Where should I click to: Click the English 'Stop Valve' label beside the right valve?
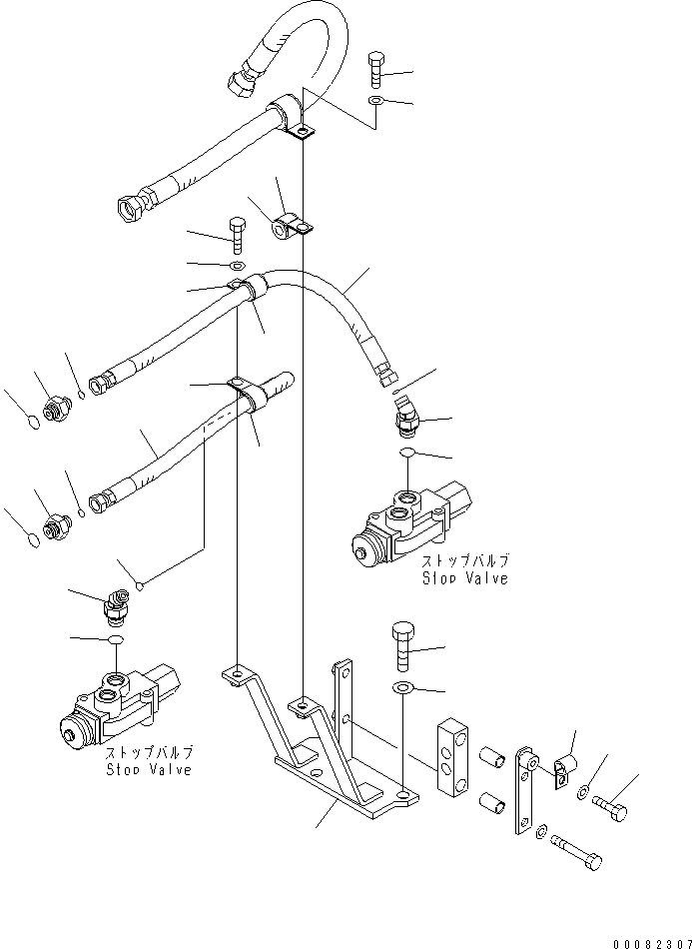pyautogui.click(x=464, y=578)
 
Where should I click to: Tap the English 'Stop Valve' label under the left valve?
pyautogui.click(x=150, y=769)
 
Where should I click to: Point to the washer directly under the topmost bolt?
pyautogui.click(x=374, y=102)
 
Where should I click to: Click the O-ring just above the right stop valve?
pyautogui.click(x=407, y=454)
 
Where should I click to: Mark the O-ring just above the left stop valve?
pyautogui.click(x=116, y=639)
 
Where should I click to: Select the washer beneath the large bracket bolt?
pyautogui.click(x=403, y=688)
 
